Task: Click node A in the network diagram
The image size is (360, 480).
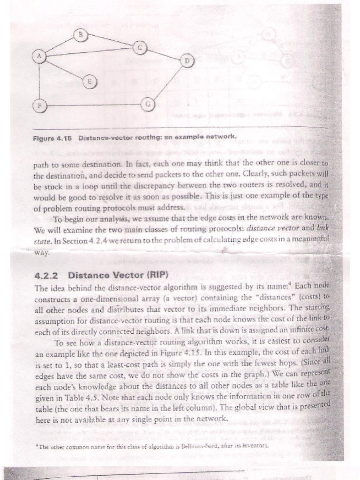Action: click(x=39, y=56)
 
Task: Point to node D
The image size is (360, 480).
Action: click(x=187, y=61)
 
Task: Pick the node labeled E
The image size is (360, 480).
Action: click(x=89, y=82)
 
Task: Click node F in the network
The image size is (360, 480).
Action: click(x=40, y=105)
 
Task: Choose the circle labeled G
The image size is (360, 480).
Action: click(x=147, y=104)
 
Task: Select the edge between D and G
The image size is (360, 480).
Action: click(x=167, y=83)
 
